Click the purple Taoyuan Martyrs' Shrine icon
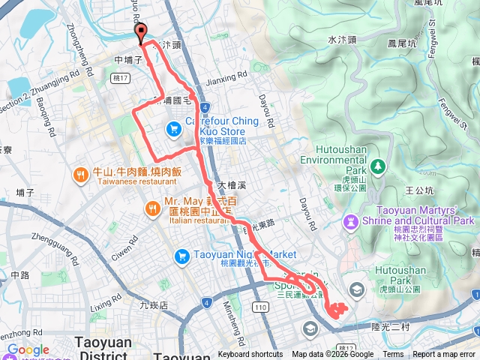350,221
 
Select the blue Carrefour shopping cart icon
173,129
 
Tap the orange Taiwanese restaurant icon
80,175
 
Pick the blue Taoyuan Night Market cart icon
181,256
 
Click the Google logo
28,350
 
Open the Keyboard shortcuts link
250,355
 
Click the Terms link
393,355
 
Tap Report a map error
445,355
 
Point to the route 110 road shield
260,307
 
